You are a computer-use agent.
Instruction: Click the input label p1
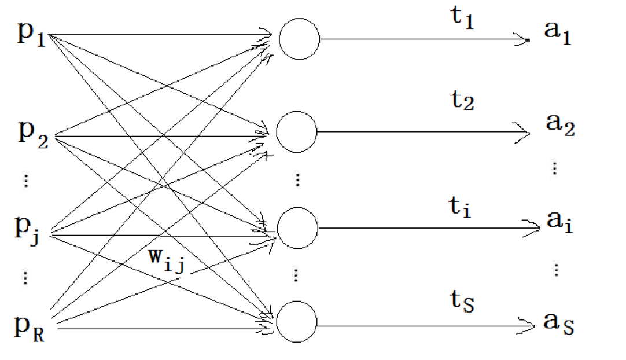pos(32,36)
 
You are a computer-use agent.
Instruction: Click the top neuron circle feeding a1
pos(299,40)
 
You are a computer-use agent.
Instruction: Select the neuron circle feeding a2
pos(296,131)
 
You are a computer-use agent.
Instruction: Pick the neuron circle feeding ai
pos(297,227)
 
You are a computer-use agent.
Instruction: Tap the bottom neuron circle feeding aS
pos(297,322)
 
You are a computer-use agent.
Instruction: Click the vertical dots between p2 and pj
pos(25,181)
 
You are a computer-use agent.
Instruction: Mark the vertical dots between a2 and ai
pos(554,168)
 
